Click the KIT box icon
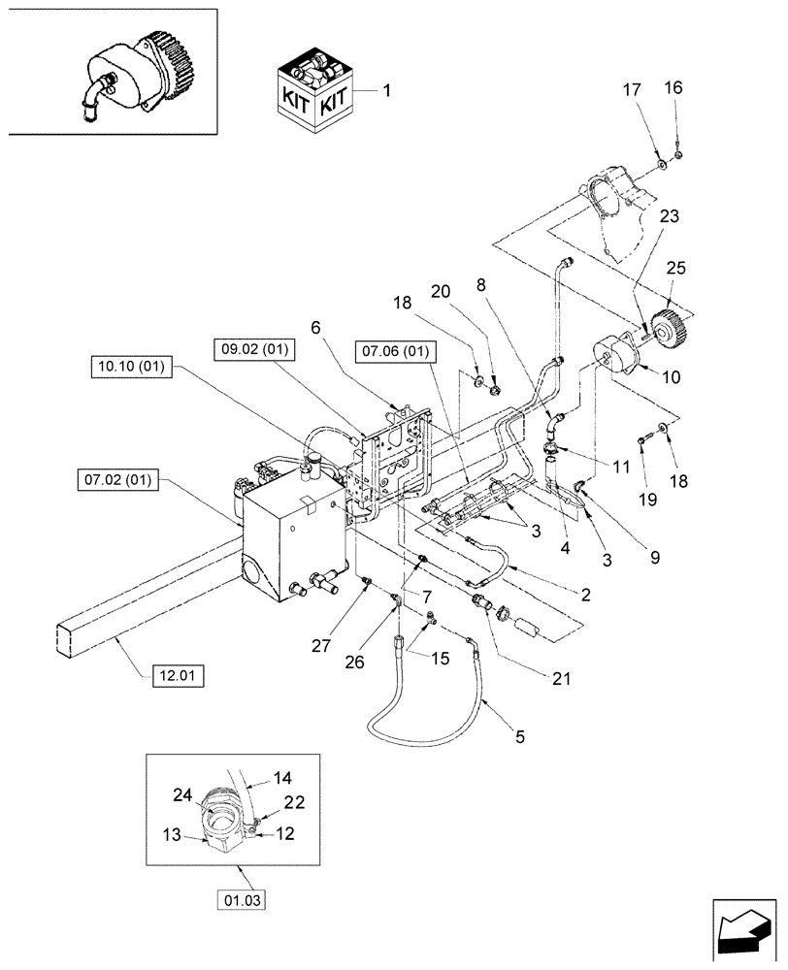click(x=312, y=95)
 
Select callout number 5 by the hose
click(x=519, y=737)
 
